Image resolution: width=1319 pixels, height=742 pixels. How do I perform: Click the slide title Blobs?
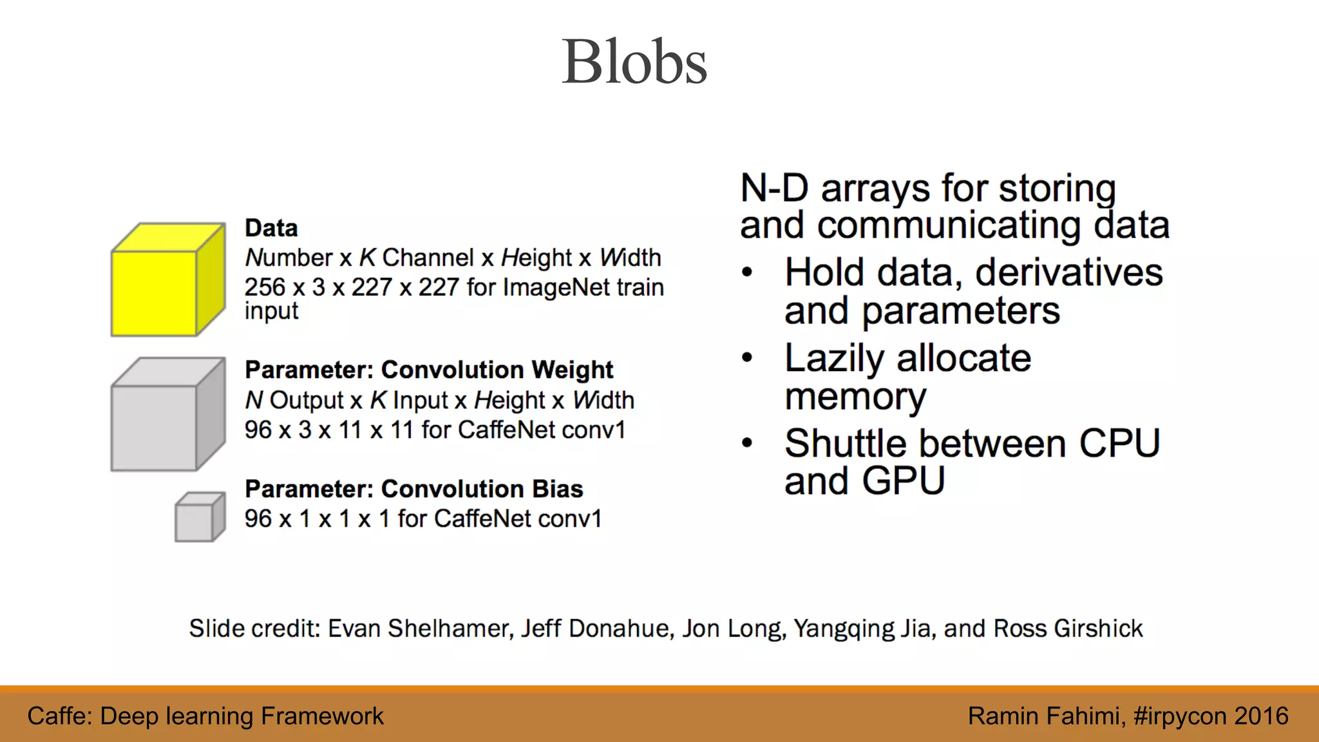634,62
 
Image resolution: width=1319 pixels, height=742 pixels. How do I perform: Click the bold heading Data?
271,228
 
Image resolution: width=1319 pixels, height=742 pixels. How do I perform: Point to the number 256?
265,287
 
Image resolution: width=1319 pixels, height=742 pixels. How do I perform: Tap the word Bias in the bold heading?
557,490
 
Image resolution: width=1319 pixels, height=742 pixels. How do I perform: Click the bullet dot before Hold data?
747,272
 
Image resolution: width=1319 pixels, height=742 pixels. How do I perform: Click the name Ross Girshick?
1068,629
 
